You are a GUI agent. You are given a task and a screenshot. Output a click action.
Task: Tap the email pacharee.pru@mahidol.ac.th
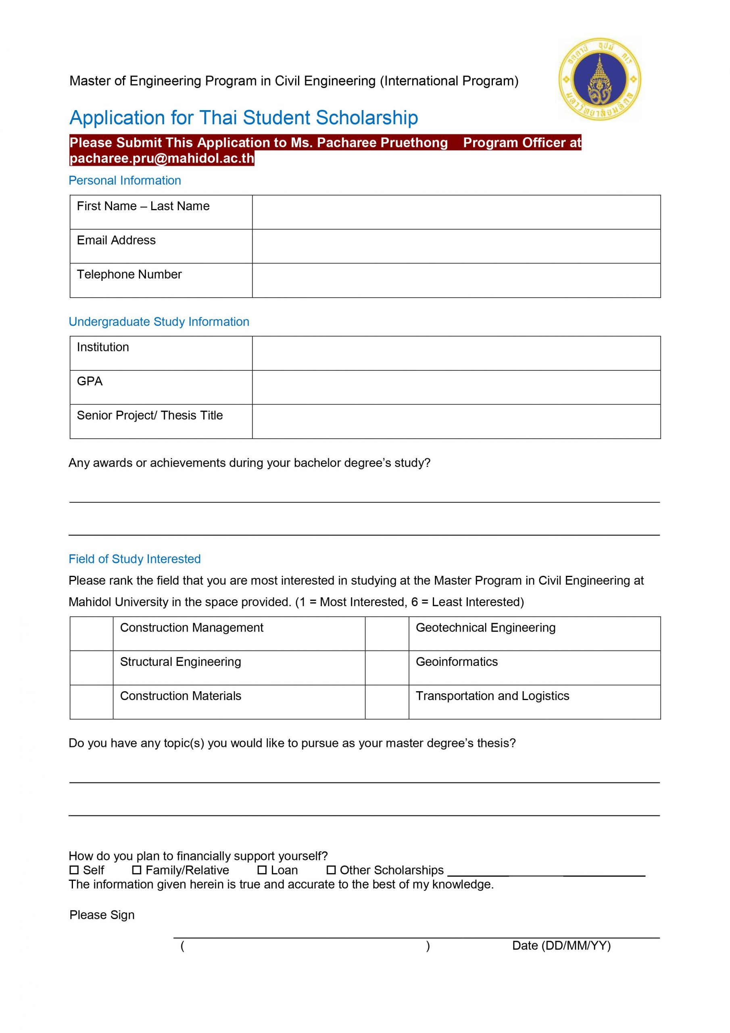coord(162,158)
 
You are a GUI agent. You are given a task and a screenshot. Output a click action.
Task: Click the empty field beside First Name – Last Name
coord(456,212)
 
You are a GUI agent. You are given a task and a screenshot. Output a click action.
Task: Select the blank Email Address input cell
coord(456,246)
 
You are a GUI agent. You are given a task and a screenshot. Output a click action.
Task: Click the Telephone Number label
coord(129,274)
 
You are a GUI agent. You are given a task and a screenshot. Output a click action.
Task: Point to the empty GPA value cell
coord(456,387)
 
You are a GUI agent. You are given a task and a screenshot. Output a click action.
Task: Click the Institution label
coord(103,347)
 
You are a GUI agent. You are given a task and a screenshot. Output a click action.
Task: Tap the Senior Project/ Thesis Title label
coord(150,415)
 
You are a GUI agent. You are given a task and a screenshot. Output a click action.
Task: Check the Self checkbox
coord(74,870)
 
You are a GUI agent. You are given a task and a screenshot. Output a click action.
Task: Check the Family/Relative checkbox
coord(137,870)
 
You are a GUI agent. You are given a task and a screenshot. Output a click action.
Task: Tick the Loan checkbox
coord(262,870)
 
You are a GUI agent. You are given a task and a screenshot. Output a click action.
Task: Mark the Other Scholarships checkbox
coord(331,870)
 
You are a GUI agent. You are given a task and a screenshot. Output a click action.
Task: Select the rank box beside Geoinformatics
coord(387,668)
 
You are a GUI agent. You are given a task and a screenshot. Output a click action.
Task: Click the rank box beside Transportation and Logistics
coord(387,702)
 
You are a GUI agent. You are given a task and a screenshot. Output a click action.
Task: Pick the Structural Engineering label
coord(180,662)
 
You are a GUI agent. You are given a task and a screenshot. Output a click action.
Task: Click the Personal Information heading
coord(125,180)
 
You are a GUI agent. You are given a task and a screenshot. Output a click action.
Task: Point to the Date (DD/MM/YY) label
coord(561,946)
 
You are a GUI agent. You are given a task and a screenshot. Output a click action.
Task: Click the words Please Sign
coord(102,915)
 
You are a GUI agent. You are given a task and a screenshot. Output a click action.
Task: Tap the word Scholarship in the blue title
coord(367,118)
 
